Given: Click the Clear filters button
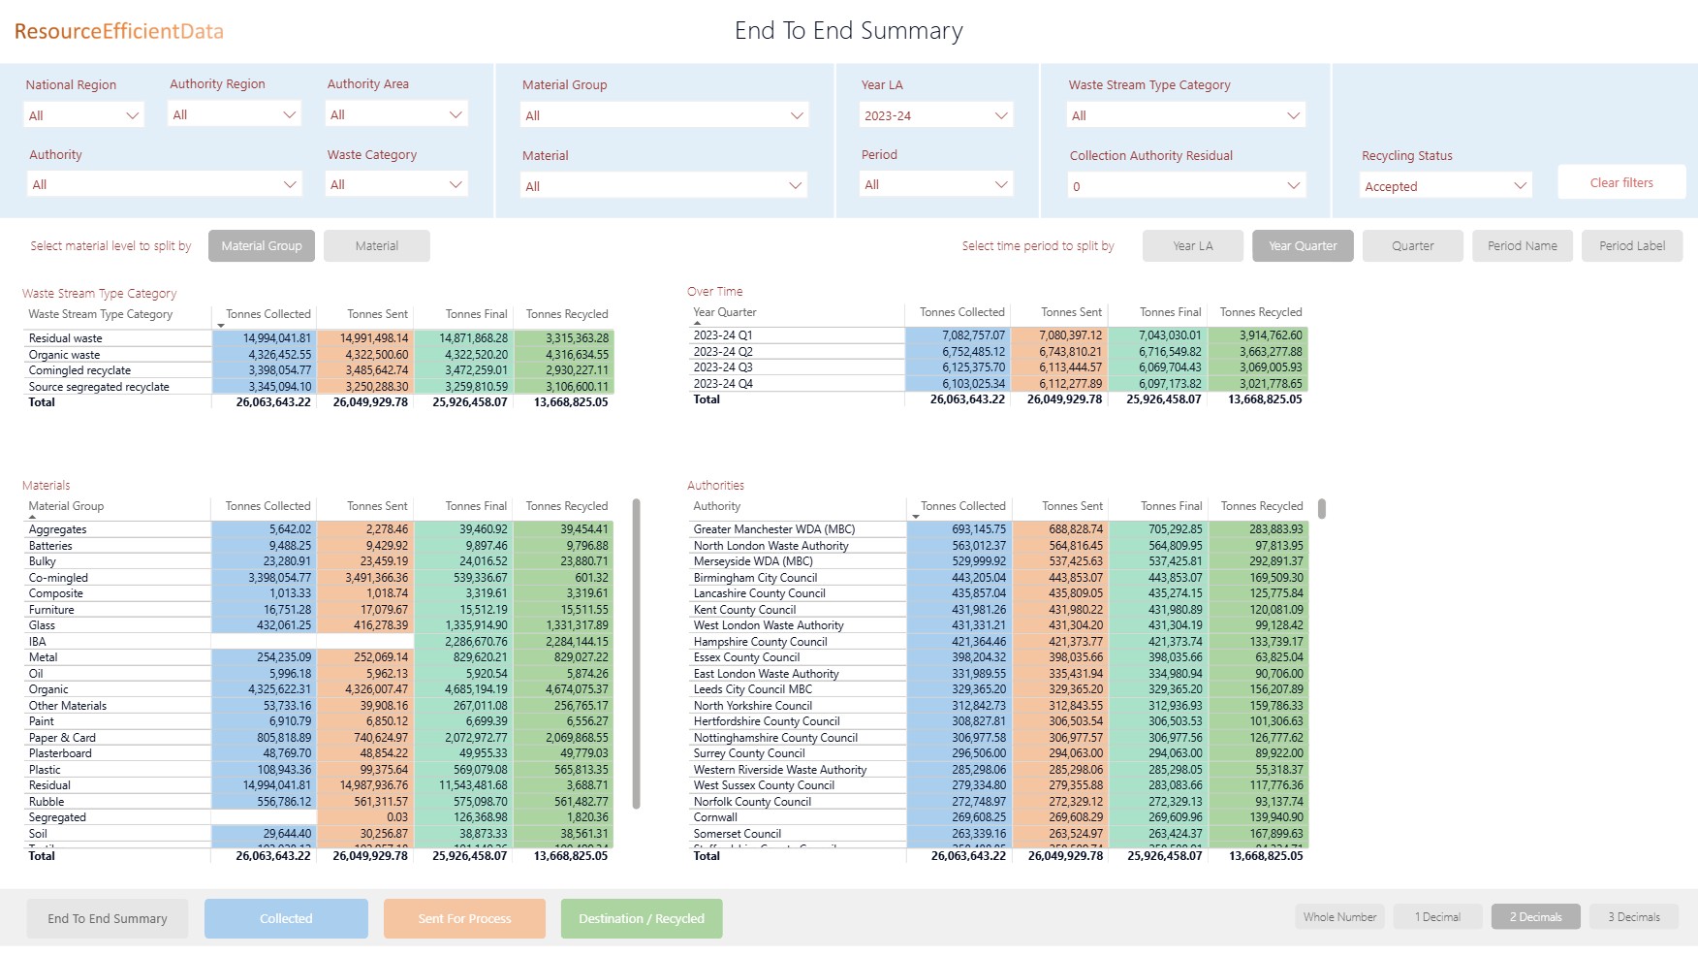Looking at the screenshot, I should point(1621,182).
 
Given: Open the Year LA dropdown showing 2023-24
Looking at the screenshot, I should point(935,115).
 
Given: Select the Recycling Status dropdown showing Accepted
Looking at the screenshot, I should point(1445,186).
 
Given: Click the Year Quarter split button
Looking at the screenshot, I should point(1303,246).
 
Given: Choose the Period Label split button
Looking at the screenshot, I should point(1632,246).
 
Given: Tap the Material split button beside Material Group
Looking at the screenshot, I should point(376,246).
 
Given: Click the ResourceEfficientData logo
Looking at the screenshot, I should point(119,31).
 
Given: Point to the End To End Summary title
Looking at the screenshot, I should point(848,31).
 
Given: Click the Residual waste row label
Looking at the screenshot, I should point(66,338).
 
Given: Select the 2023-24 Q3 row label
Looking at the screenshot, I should point(723,367).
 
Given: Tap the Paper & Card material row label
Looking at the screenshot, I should point(63,738).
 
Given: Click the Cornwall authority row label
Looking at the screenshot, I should point(716,817).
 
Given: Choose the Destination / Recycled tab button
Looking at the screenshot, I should point(642,918).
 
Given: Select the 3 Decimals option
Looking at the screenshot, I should point(1634,917).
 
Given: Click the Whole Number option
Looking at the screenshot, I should point(1339,917).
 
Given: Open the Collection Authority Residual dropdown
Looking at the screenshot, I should point(1186,186).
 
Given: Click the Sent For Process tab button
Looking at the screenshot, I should point(464,918).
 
